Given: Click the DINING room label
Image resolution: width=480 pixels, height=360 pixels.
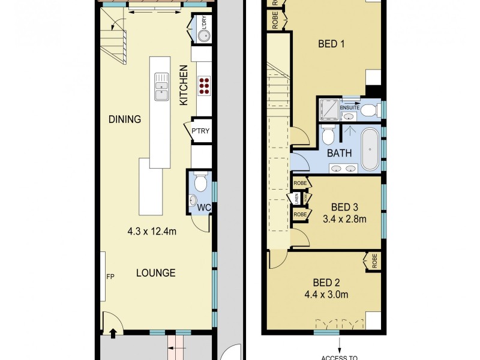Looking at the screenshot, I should tap(125, 119).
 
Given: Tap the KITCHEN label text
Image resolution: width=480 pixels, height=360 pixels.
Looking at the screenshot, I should tap(184, 86).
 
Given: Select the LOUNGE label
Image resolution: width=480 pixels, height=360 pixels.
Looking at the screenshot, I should tap(155, 273).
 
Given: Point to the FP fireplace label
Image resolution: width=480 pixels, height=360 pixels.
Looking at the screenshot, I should tap(110, 278).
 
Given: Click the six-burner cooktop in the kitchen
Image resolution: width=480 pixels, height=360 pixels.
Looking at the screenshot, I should tap(203, 86).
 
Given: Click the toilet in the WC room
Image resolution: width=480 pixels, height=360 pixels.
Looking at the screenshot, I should tap(202, 181).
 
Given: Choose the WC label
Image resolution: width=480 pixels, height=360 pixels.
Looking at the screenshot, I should tap(203, 208).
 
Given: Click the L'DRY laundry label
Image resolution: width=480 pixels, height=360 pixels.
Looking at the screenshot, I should tap(208, 25).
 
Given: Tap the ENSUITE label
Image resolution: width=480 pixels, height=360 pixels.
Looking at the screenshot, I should tap(349, 107).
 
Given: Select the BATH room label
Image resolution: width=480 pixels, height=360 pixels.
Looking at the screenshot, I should tap(339, 153).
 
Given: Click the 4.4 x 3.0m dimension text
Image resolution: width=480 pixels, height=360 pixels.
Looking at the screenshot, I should tap(327, 294).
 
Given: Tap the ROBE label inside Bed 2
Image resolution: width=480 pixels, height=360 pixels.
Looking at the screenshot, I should tap(374, 262).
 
